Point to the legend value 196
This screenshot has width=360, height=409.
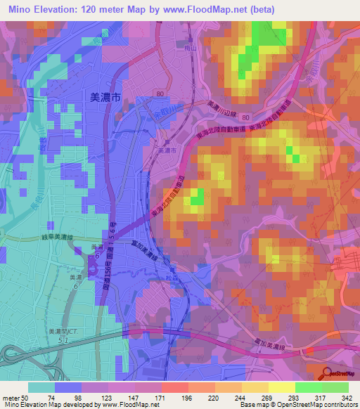coord(187,397)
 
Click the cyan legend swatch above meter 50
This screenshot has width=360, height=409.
coord(41,387)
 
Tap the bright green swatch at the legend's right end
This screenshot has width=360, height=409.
coord(335,387)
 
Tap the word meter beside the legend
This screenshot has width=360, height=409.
coord(13,397)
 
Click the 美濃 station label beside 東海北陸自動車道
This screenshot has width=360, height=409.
coord(166,150)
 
